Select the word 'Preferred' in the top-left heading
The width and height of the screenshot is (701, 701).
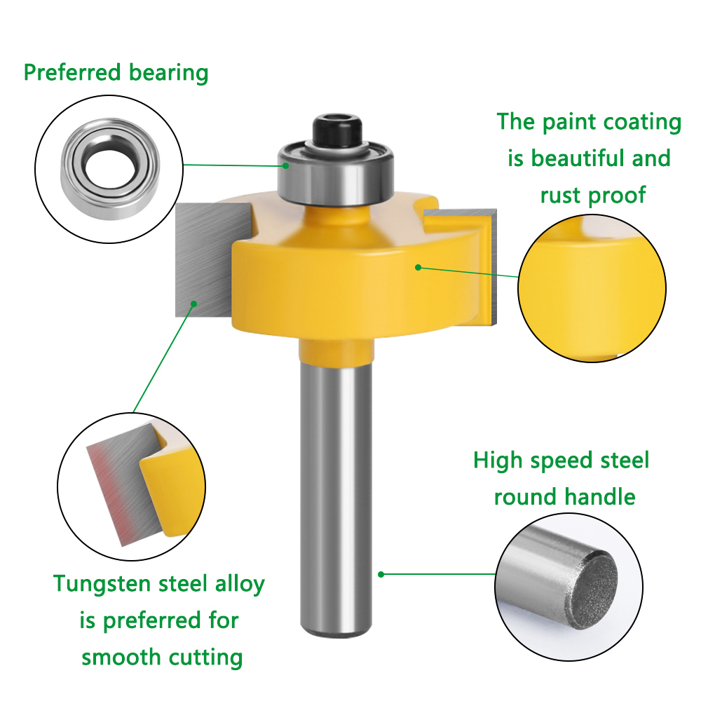point(72,72)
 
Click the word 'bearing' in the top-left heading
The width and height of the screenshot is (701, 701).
point(168,73)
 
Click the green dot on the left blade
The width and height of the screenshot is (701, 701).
point(193,304)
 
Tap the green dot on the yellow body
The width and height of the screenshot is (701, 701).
point(418,267)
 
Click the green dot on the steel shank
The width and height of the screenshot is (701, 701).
point(381,574)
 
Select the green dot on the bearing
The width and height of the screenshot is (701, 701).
point(286,165)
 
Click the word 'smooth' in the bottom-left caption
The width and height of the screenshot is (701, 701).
point(121,658)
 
